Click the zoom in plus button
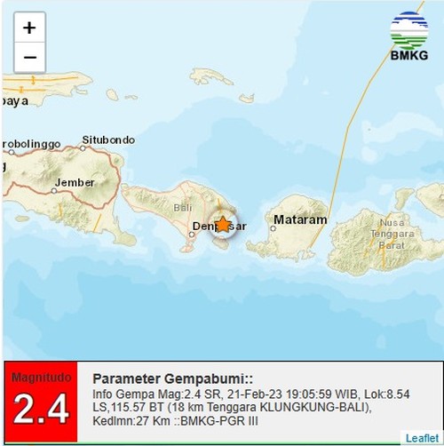29,28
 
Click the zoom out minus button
29,58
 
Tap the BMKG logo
408,36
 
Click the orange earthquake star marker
224,225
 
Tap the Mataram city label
300,219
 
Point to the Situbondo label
108,139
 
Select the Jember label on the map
74,183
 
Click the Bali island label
183,207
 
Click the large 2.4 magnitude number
40,410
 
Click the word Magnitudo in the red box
40,378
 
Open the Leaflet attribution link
421,438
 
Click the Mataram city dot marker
274,227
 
